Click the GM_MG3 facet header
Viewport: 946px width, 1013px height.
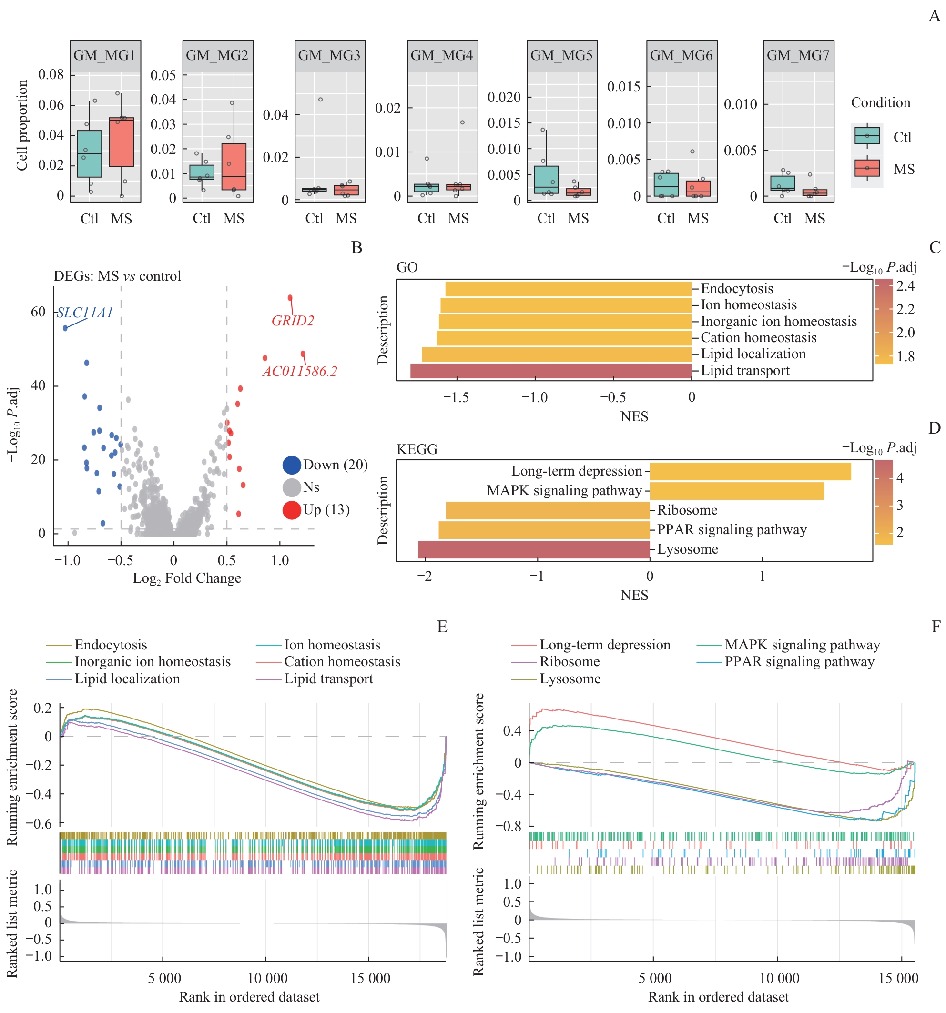click(x=329, y=56)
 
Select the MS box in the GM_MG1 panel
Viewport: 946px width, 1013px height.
click(x=122, y=142)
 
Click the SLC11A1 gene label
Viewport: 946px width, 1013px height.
click(x=85, y=313)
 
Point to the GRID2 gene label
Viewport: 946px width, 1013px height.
click(x=293, y=321)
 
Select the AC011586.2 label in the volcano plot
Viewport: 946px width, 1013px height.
click(x=300, y=371)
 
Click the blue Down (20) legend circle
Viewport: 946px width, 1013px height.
click(x=292, y=465)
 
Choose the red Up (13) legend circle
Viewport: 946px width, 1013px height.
click(x=292, y=509)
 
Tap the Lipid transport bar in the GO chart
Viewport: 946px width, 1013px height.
click(x=550, y=370)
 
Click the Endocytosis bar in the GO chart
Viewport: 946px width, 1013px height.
click(x=568, y=289)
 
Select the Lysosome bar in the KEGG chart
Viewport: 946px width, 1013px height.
click(x=534, y=549)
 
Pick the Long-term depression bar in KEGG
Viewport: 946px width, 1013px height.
click(x=750, y=471)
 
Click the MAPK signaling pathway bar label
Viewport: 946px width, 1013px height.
click(x=564, y=491)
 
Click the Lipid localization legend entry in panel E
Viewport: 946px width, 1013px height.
click(x=127, y=679)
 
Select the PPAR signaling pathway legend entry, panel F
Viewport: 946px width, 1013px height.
click(x=799, y=661)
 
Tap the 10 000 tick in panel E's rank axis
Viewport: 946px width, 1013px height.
click(x=267, y=978)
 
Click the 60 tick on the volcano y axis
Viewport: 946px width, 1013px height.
click(x=38, y=312)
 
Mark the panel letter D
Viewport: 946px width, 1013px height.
click(x=934, y=427)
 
